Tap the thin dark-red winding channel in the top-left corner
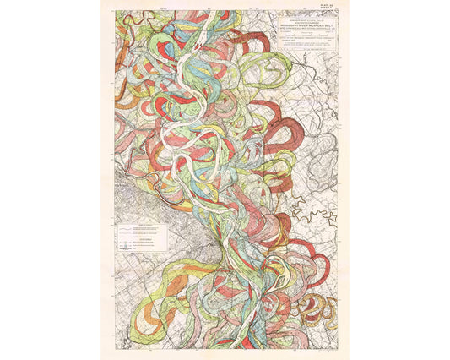127,21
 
